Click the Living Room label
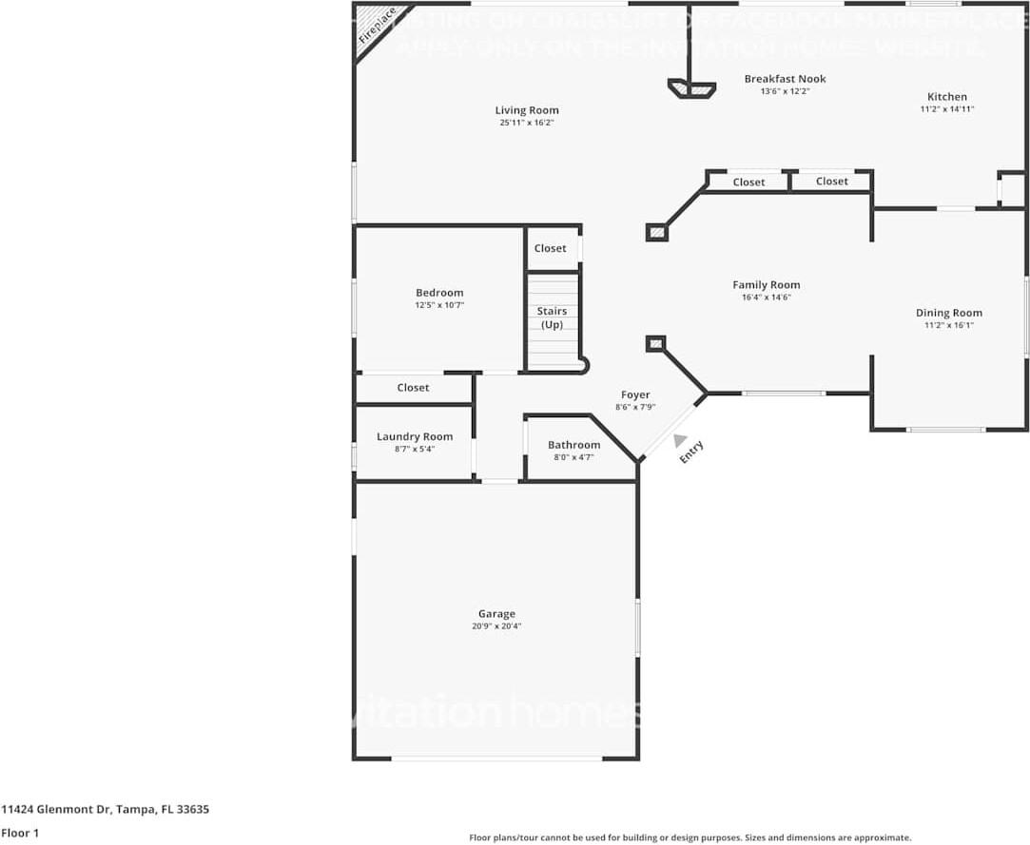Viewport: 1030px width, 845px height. tap(526, 110)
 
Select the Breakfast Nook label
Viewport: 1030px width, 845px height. tap(785, 79)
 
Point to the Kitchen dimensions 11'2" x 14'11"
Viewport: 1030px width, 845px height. tap(946, 109)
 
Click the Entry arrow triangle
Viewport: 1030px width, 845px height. tap(679, 440)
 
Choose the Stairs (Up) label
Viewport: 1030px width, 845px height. tap(552, 317)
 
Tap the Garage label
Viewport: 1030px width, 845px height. tap(496, 614)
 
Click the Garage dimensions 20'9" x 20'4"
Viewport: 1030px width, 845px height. tap(496, 626)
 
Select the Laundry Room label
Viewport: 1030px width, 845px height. tap(414, 436)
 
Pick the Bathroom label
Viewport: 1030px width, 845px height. tap(573, 445)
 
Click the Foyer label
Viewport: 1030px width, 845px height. tap(635, 394)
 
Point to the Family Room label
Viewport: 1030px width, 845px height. tap(766, 284)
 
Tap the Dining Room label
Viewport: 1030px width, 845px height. tap(948, 313)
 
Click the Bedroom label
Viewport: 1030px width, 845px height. tap(439, 293)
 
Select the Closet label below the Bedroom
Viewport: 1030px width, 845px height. tap(413, 388)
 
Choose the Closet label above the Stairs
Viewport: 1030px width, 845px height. tap(550, 248)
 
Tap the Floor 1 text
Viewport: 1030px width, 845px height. tap(20, 833)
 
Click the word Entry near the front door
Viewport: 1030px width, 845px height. tap(691, 452)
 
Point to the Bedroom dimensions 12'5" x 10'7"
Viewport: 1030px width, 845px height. tap(439, 305)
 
